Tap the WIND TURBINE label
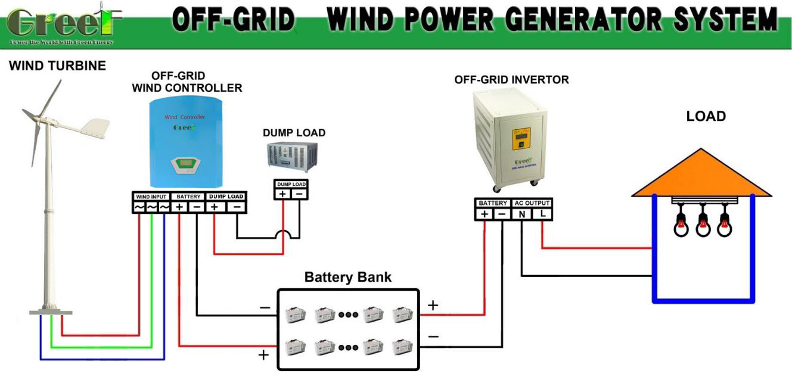click(57, 66)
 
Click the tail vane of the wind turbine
click(96, 127)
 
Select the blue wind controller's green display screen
click(182, 163)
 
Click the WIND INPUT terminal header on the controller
click(151, 197)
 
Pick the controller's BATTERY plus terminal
click(179, 207)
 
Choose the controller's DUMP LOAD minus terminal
click(237, 207)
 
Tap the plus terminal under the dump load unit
click(282, 194)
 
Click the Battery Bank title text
click(348, 278)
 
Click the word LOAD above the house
click(706, 116)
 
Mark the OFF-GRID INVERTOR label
click(511, 79)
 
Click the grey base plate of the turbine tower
click(51, 313)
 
